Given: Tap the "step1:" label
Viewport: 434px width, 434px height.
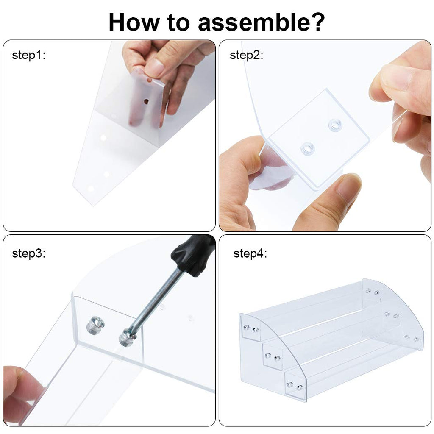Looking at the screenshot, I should [28, 55].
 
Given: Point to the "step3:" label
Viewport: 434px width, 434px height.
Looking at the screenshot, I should [28, 253].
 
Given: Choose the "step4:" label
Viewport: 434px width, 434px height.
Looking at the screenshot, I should [250, 253].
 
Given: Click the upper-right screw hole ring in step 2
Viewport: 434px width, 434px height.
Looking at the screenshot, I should [336, 125].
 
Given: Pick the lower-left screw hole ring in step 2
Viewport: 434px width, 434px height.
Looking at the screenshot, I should [307, 149].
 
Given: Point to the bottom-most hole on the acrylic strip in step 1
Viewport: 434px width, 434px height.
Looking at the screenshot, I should [90, 188].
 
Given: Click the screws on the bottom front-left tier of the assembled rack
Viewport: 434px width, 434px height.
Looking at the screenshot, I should [294, 386].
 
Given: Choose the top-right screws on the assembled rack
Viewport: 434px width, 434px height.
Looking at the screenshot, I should [372, 292].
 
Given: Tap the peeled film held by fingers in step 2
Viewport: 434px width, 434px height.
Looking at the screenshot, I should [271, 172].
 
